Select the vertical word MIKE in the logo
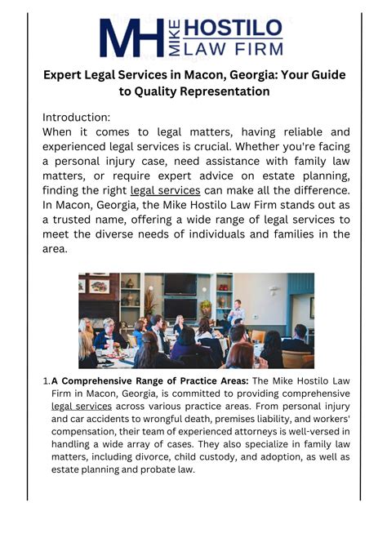point(178,38)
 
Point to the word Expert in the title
point(66,74)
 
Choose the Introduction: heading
point(76,117)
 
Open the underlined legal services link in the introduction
point(165,190)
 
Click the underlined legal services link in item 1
point(81,405)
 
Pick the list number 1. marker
point(47,380)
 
